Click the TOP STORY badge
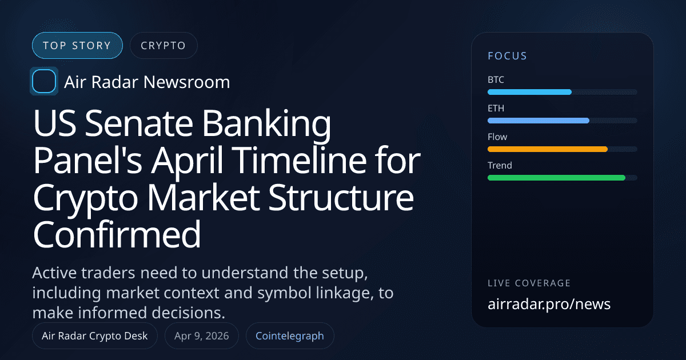77,46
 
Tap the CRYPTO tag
163,46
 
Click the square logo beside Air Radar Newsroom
44,82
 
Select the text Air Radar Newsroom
147,82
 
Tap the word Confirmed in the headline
117,234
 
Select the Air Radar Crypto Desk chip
95,336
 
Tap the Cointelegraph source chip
290,336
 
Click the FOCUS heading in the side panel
507,56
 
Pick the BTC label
496,79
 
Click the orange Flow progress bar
547,149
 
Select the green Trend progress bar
556,178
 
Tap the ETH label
496,108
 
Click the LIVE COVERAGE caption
529,283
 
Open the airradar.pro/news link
549,304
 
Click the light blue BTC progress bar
529,92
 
